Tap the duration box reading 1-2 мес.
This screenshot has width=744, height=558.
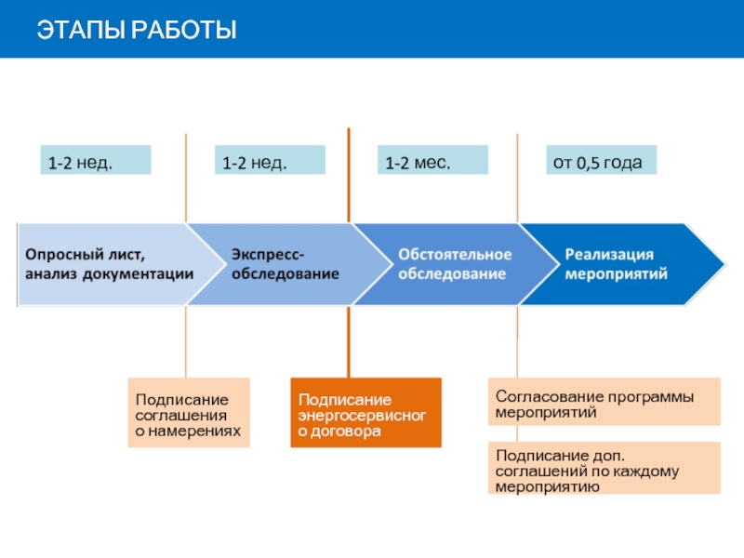[x=432, y=160]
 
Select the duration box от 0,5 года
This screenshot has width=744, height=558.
[x=600, y=160]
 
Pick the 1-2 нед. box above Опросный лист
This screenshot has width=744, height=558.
[x=95, y=160]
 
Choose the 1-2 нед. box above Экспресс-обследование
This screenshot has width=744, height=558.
[x=270, y=160]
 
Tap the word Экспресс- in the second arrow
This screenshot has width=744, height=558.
[x=268, y=254]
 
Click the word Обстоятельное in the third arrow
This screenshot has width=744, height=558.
[x=455, y=254]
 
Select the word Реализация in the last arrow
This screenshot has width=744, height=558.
[x=610, y=254]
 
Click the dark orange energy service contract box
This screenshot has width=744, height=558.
[x=365, y=412]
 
